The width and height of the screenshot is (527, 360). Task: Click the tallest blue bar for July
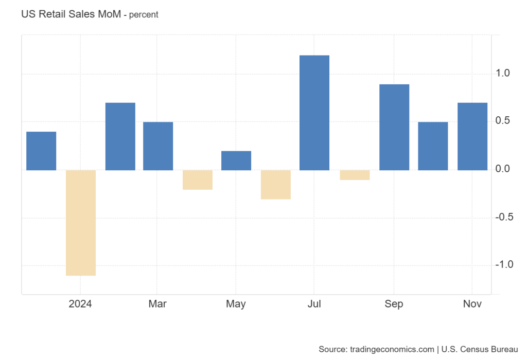coord(314,113)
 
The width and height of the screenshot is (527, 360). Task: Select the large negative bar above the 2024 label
coord(81,223)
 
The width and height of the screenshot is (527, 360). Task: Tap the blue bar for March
coord(158,146)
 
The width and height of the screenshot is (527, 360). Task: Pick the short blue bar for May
coord(236,160)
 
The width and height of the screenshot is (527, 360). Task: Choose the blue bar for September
coord(394,127)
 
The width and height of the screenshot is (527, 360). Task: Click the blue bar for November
coord(472,136)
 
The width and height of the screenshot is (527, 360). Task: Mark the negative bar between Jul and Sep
coord(355,175)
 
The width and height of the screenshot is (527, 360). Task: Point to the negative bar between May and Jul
coord(276,185)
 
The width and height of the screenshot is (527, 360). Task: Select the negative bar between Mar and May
coord(198,179)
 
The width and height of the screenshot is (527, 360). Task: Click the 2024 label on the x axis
coord(80,304)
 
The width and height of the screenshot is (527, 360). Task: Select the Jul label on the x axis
coord(314,304)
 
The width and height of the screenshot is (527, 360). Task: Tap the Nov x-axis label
coord(472,304)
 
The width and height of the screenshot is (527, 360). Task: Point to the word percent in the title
coord(144,15)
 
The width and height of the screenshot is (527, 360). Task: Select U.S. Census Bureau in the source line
coord(480,350)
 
